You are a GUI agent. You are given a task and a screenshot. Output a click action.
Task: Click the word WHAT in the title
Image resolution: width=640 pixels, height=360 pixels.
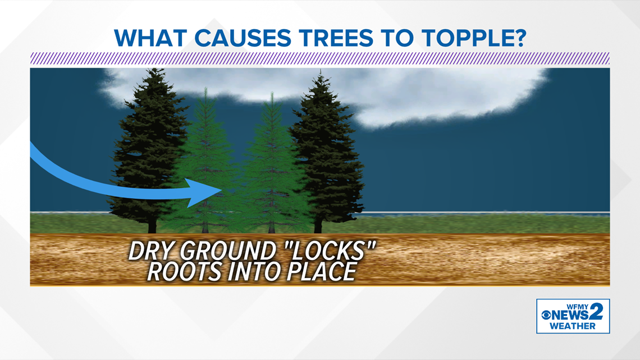[x=150, y=38]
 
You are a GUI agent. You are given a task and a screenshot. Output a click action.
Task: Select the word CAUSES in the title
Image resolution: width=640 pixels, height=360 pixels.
[x=243, y=38]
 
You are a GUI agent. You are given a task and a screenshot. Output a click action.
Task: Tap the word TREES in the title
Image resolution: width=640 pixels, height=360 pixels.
[x=336, y=38]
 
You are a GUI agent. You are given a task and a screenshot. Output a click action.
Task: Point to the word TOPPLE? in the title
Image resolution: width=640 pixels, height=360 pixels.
[x=474, y=38]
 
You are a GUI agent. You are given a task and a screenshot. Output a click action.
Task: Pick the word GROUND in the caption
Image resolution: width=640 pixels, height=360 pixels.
[x=227, y=250]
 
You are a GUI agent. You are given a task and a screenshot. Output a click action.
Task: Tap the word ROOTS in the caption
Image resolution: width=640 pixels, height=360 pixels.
[x=185, y=271]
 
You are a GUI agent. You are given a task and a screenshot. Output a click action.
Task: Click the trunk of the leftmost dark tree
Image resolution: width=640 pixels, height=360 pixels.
[x=152, y=224]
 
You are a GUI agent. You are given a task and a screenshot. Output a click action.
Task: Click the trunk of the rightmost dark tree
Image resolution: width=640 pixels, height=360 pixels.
[x=318, y=225]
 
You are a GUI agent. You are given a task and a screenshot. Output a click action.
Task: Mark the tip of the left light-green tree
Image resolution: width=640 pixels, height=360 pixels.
[x=205, y=88]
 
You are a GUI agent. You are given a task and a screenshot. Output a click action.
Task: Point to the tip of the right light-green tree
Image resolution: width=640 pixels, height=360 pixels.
[x=272, y=93]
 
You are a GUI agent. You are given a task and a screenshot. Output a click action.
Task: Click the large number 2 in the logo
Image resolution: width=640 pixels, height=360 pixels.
[x=596, y=312]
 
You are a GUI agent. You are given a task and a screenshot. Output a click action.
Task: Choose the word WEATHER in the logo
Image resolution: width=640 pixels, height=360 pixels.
[x=572, y=326]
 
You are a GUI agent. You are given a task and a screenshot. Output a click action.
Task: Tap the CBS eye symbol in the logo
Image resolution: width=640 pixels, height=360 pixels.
[x=546, y=315]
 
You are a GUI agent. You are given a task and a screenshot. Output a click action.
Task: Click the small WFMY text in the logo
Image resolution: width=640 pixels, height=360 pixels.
[x=578, y=307]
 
